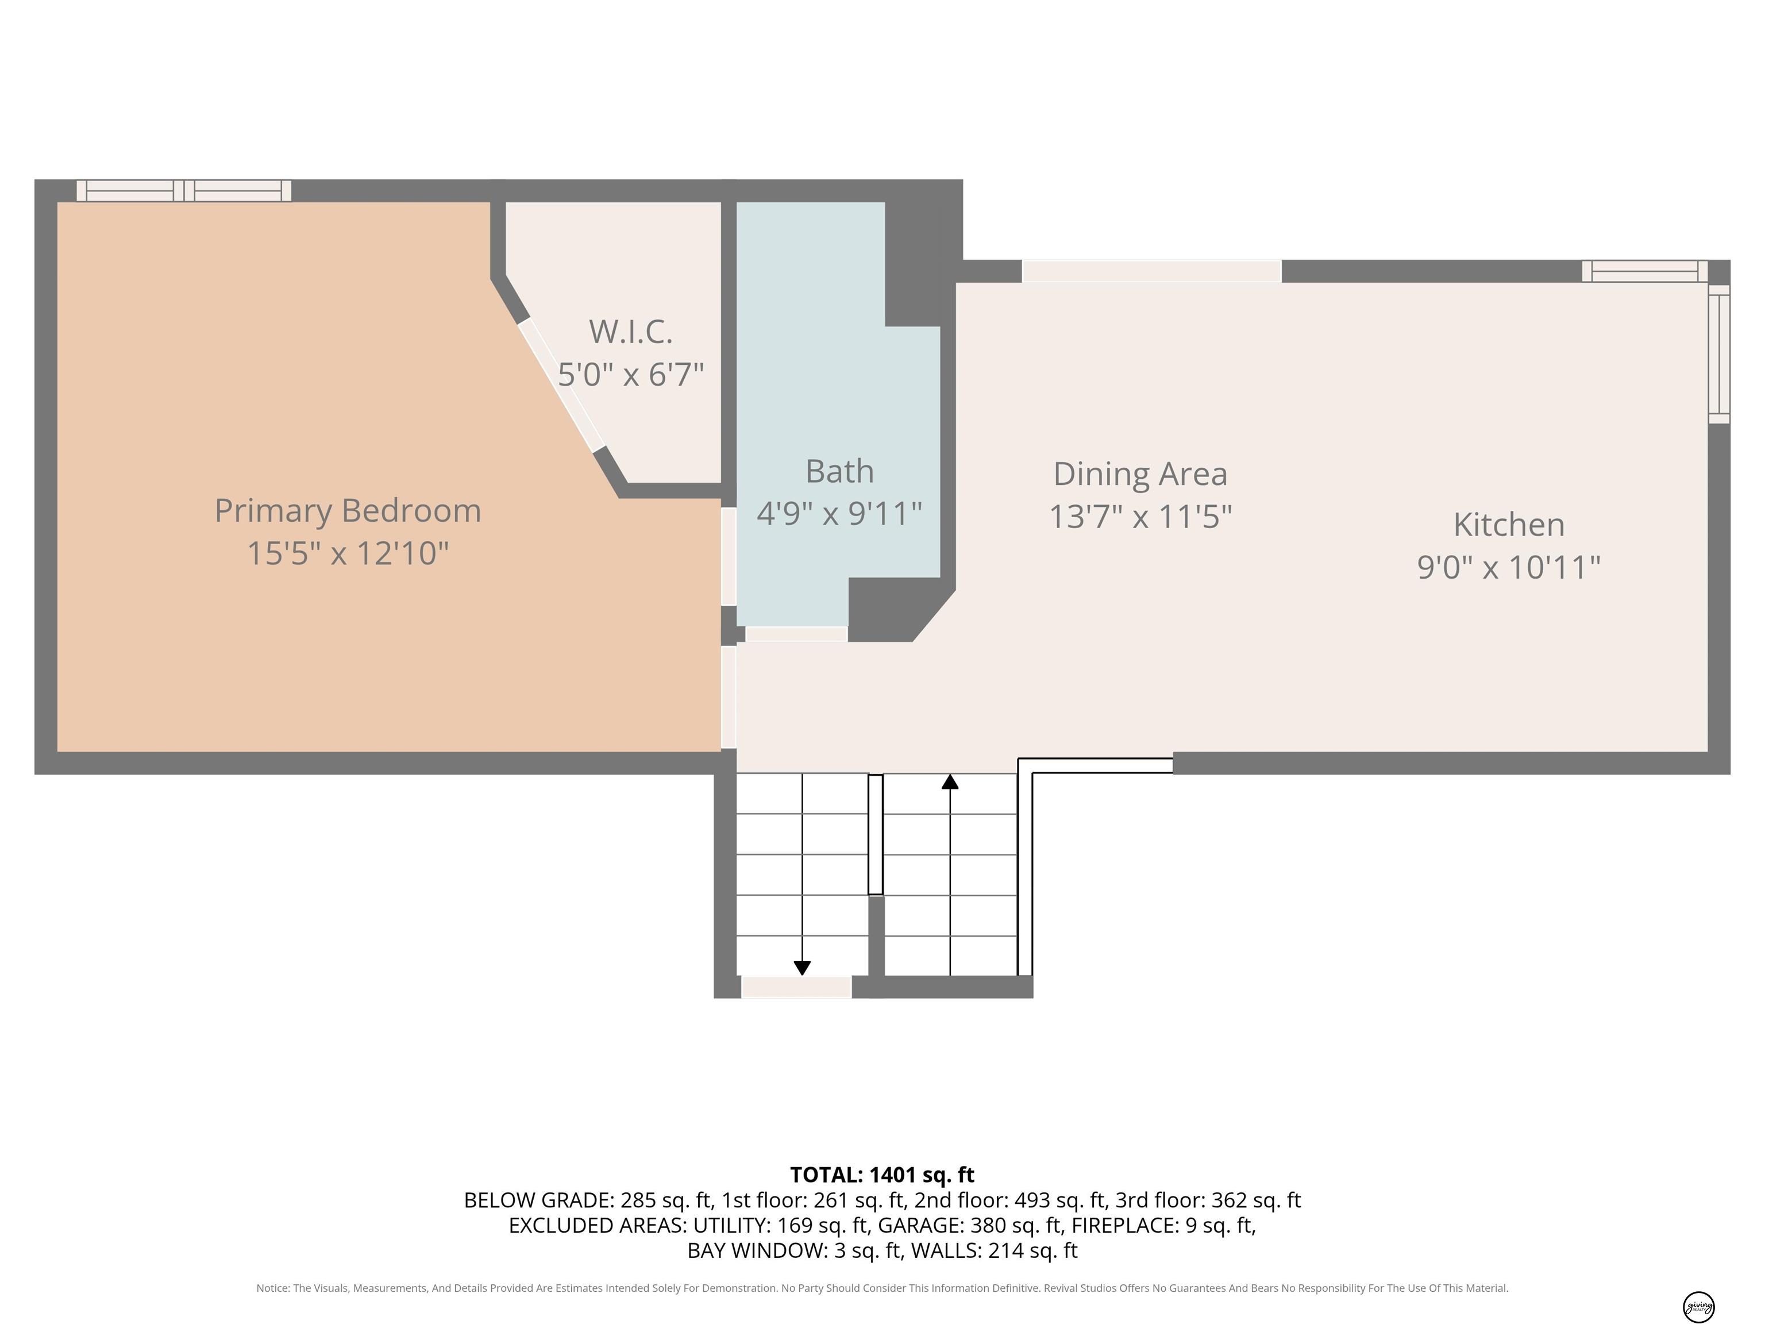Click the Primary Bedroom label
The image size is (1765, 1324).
click(348, 511)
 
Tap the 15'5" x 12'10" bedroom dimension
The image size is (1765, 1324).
click(348, 553)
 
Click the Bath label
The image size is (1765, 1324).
click(839, 471)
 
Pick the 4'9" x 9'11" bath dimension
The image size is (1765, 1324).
click(839, 513)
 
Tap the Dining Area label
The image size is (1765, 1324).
click(1140, 474)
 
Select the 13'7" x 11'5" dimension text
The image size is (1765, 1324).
click(1140, 517)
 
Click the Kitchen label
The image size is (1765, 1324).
click(1509, 524)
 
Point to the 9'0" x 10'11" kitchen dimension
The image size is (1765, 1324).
click(1509, 567)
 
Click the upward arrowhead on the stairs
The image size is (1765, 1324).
click(950, 782)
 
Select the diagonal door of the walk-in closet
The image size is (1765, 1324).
click(561, 386)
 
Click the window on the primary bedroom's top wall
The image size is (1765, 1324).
click(183, 191)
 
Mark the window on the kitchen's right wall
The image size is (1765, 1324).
click(1718, 353)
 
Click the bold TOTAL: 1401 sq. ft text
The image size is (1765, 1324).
click(882, 1175)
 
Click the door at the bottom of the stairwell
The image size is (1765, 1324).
click(796, 987)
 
